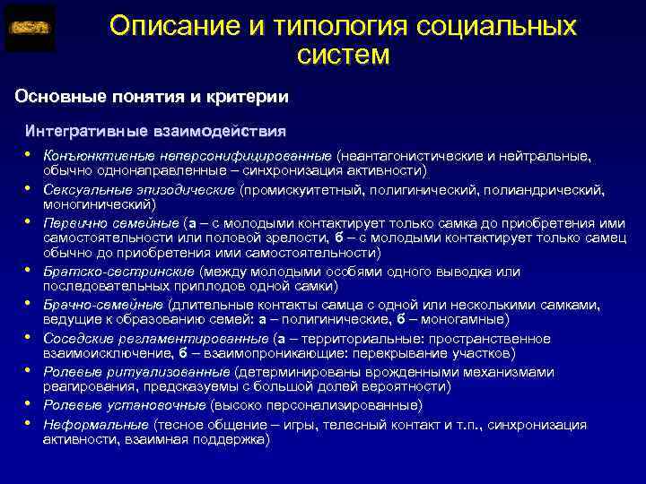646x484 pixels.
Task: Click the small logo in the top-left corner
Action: click(x=30, y=29)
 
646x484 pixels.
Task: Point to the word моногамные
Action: click(x=472, y=319)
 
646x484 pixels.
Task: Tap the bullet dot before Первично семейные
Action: click(x=29, y=220)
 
